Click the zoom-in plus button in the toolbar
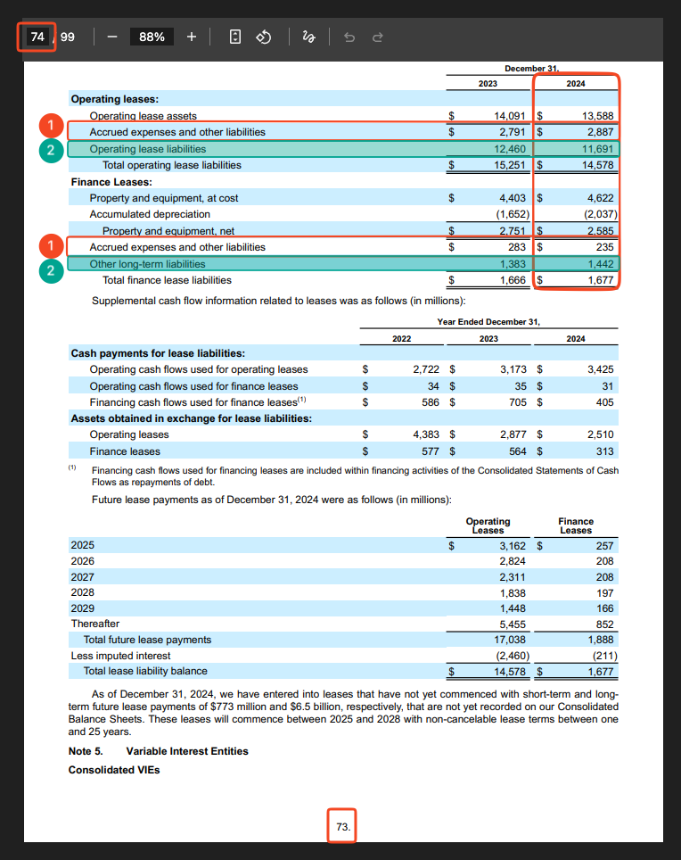[x=192, y=37]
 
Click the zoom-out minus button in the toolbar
[x=112, y=37]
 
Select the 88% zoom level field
[x=152, y=37]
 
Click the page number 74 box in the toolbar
[x=37, y=37]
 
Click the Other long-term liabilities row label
[x=147, y=264]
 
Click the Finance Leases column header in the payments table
[x=576, y=525]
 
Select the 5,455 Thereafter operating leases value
[x=513, y=624]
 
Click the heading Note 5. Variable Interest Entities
[x=159, y=751]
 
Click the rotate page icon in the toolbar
[x=264, y=37]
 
